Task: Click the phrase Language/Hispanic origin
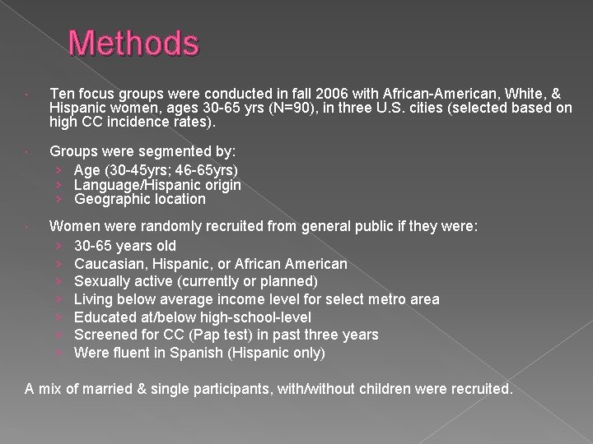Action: pyautogui.click(x=157, y=185)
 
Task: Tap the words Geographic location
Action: pyautogui.click(x=139, y=199)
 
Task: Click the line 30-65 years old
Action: pyautogui.click(x=124, y=246)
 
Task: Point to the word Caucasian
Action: pyautogui.click(x=107, y=264)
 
